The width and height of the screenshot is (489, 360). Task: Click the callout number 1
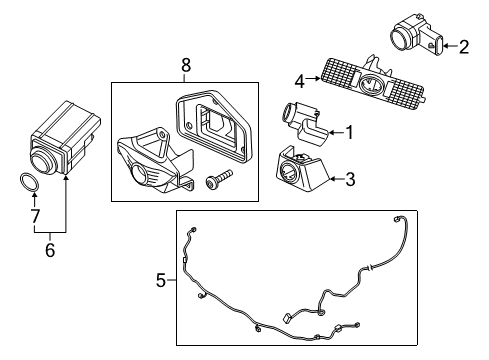pos(349,131)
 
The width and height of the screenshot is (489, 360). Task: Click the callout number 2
pos(464,45)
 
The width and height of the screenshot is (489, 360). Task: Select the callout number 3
pos(349,180)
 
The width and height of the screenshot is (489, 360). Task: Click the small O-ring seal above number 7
pos(30,183)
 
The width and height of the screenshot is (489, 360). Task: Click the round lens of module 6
pos(42,161)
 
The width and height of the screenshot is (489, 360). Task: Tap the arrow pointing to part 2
pos(447,45)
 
